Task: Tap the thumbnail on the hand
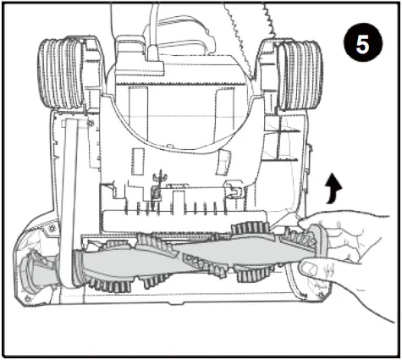point(310,269)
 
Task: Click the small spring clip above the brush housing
point(156,187)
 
